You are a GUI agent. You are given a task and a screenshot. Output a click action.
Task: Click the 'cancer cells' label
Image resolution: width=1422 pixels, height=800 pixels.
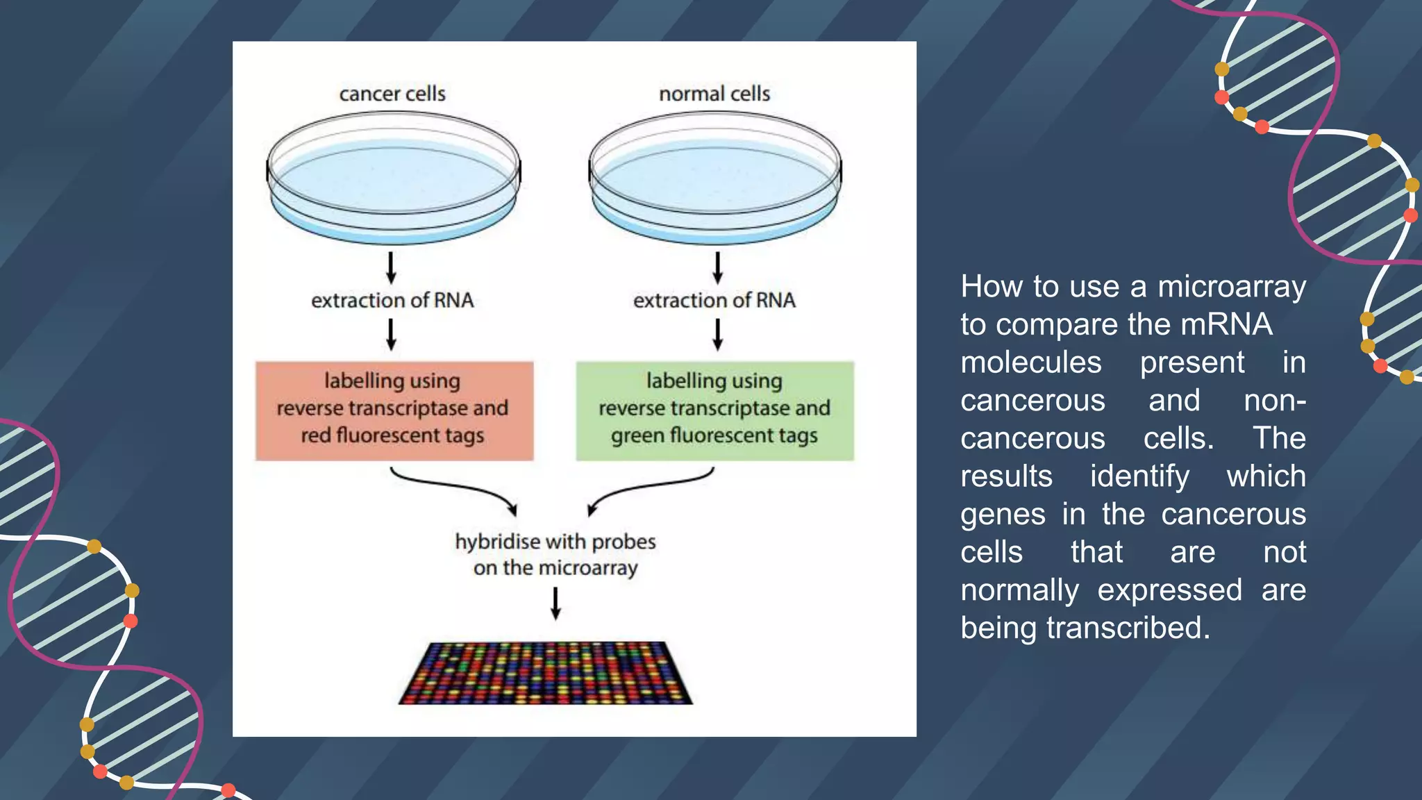pos(392,94)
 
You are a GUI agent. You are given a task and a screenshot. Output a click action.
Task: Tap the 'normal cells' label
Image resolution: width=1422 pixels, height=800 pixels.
pos(714,94)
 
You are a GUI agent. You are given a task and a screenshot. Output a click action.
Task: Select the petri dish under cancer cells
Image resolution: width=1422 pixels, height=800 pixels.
pos(394,179)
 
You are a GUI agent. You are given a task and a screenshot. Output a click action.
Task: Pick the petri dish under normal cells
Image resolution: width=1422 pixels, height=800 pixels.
pos(715,179)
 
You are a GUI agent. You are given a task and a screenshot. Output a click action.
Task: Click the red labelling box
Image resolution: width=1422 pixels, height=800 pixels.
pos(394,410)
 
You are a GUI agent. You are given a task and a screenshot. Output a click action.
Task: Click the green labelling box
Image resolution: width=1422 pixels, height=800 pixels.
pos(714,410)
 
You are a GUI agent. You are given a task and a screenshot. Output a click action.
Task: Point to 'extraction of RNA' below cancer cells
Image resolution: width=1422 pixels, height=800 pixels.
pos(392,301)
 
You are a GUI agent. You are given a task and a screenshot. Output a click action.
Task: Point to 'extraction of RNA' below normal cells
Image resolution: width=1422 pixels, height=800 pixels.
pos(714,301)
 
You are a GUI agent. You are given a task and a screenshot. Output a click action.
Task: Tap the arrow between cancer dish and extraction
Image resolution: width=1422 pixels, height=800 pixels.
pos(391,268)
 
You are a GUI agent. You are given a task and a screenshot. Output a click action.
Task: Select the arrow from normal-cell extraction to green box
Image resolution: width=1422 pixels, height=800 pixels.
pos(718,335)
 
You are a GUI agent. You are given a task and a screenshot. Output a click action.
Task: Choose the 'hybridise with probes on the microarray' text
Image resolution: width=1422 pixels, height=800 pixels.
pos(555,554)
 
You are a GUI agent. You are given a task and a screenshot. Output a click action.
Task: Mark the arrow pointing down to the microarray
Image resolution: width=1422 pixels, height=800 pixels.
pos(555,603)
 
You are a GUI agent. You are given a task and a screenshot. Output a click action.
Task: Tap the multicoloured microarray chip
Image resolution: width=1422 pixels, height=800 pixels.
pos(546,673)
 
